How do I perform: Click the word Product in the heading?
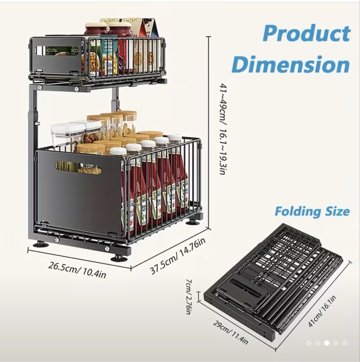click(x=307, y=34)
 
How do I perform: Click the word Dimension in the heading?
click(x=291, y=64)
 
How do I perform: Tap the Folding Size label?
click(x=312, y=211)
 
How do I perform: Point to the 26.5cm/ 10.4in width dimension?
click(x=77, y=270)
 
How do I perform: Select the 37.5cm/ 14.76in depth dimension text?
click(x=178, y=255)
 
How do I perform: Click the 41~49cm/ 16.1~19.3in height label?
click(x=223, y=129)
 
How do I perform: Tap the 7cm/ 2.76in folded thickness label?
click(x=189, y=296)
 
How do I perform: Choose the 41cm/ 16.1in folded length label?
click(x=322, y=311)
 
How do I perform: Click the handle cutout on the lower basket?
click(x=78, y=168)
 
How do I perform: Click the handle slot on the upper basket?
click(x=57, y=51)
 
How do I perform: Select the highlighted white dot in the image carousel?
click(x=326, y=343)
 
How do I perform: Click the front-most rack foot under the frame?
click(x=119, y=258)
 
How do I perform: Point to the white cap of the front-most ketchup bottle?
click(x=118, y=151)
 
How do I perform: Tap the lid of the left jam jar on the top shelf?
click(x=96, y=25)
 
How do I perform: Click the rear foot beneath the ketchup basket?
click(x=194, y=222)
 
